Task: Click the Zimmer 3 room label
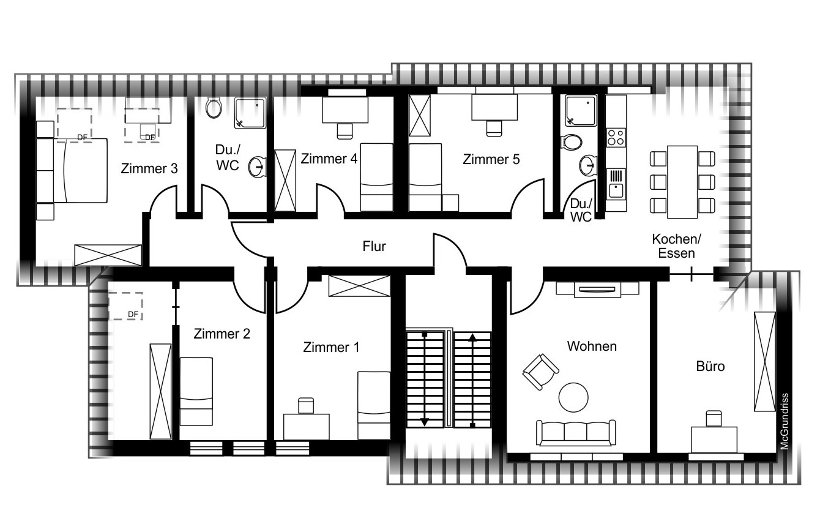(149, 168)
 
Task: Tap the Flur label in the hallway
(374, 247)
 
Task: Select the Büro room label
(710, 366)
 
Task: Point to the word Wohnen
(592, 346)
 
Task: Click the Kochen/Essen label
(676, 246)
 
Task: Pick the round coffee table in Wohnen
(573, 397)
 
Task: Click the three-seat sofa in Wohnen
(575, 433)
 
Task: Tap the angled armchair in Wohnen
(540, 372)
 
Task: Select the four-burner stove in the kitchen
(616, 137)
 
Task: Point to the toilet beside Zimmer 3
(214, 108)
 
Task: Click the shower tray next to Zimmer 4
(250, 113)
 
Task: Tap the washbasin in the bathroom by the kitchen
(588, 165)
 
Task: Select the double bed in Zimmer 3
(81, 171)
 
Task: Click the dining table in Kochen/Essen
(682, 182)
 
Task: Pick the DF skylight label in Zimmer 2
(133, 315)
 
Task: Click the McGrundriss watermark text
(784, 421)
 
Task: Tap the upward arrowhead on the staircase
(472, 337)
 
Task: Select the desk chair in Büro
(714, 419)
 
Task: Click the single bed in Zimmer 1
(374, 405)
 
